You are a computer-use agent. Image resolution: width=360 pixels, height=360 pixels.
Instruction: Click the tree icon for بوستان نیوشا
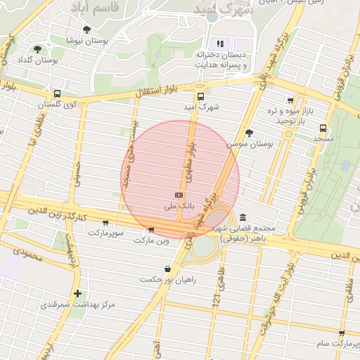tap(86, 30)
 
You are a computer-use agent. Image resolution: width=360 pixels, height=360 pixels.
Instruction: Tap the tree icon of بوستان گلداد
tap(37, 49)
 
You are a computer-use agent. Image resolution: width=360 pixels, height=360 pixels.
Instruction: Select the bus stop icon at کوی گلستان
tap(57, 94)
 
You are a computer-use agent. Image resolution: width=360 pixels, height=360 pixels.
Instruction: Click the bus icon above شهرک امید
tap(200, 96)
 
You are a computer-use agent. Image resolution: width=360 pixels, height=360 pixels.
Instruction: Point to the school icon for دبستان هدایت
tap(220, 44)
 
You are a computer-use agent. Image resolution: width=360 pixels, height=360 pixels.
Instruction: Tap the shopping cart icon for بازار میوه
tap(290, 101)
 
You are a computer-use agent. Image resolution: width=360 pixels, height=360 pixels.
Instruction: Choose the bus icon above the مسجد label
tap(323, 129)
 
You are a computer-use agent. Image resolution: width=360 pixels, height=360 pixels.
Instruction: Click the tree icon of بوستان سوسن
tap(248, 132)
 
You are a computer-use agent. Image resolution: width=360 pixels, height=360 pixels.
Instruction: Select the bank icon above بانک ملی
tap(179, 195)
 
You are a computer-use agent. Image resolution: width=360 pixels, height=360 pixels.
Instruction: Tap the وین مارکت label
tap(152, 240)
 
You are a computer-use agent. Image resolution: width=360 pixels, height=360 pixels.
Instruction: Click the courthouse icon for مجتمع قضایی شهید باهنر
tap(243, 217)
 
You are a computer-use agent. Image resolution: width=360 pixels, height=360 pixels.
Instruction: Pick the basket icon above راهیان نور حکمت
tap(167, 269)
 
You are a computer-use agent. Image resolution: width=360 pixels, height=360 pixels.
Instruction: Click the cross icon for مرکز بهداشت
tap(77, 293)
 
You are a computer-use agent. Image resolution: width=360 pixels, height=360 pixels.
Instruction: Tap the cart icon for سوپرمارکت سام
tap(341, 333)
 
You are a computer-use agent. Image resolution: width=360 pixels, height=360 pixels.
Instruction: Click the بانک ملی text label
tap(178, 207)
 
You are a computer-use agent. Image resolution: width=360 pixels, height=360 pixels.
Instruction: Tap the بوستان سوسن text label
tap(250, 143)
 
